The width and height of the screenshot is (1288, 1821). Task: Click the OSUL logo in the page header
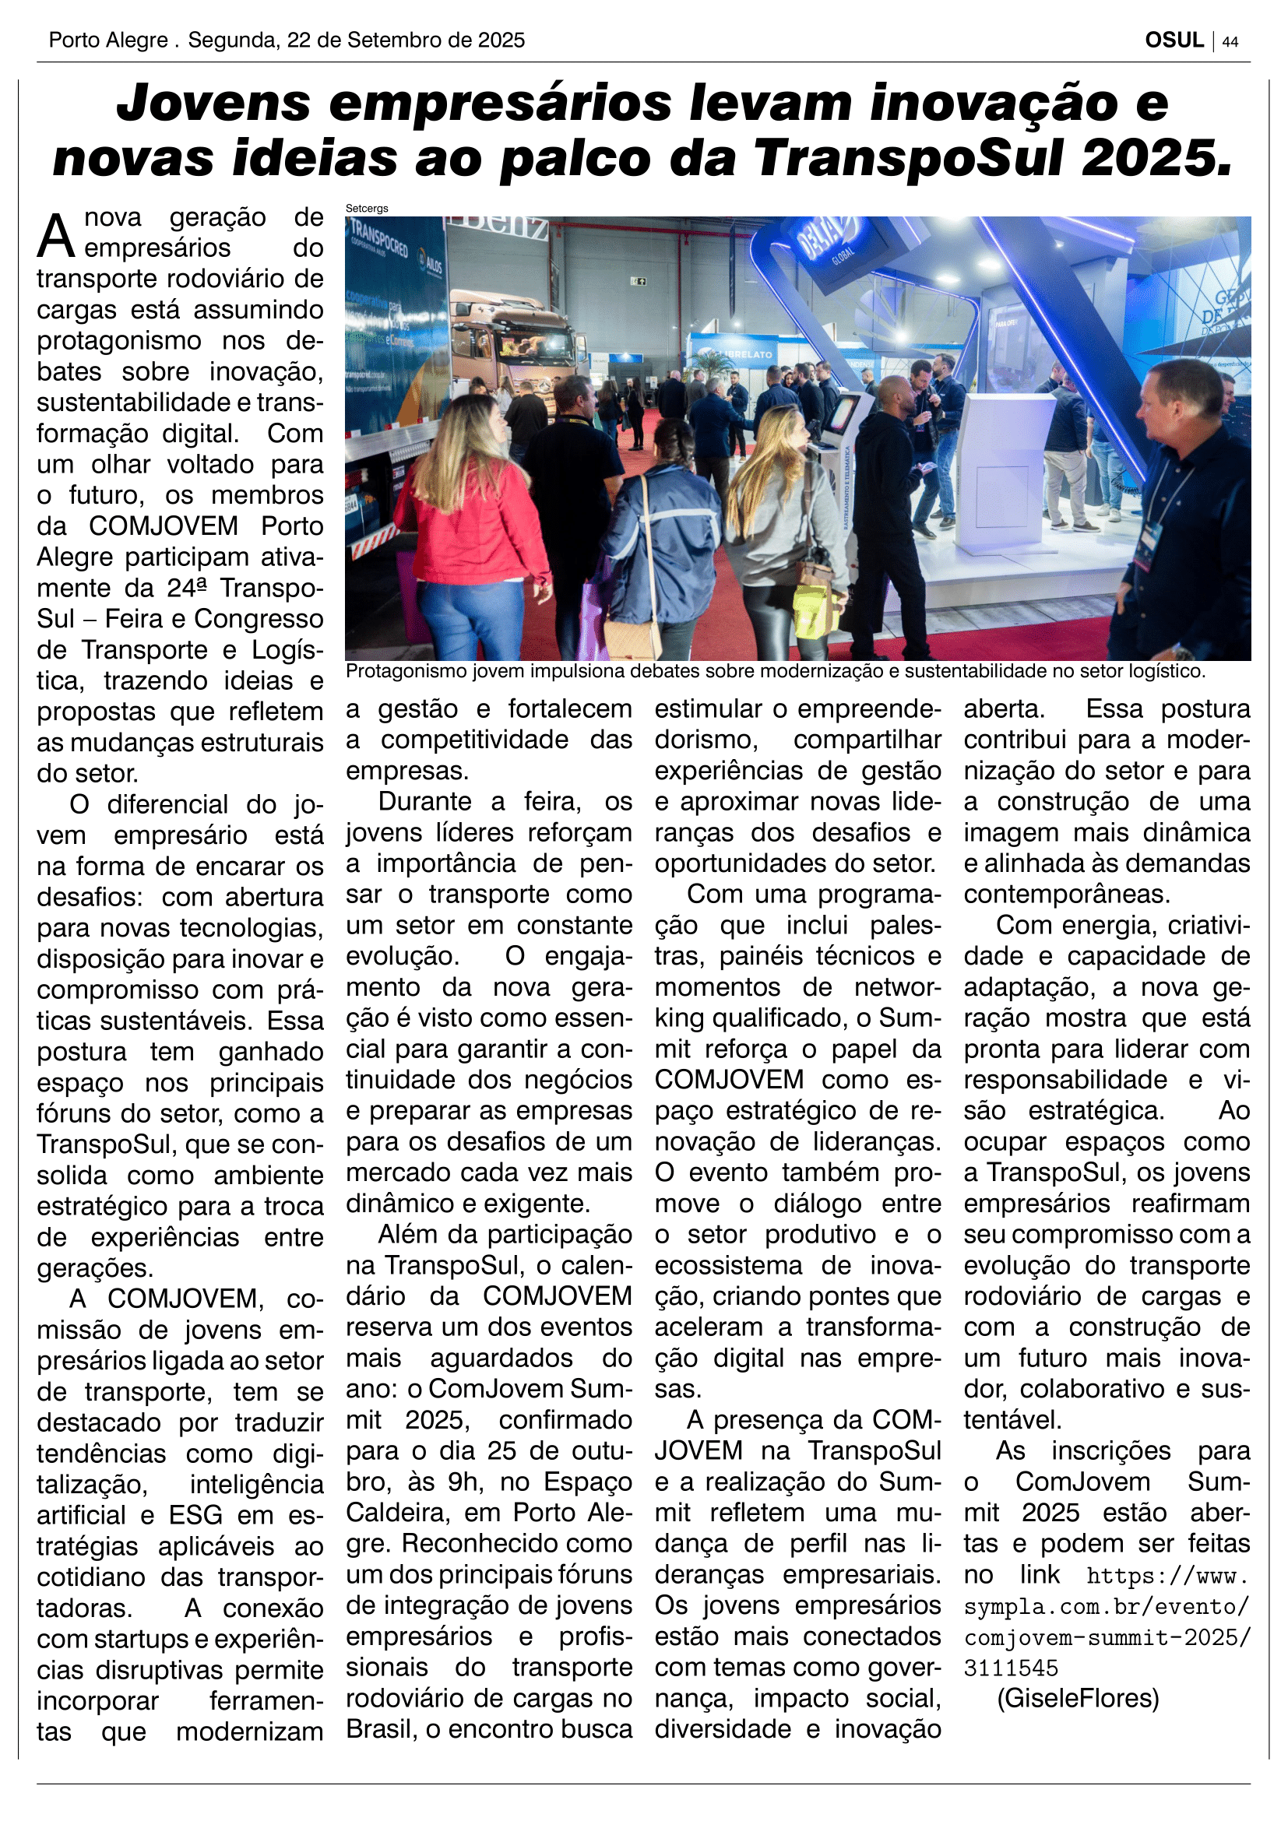pyautogui.click(x=1173, y=40)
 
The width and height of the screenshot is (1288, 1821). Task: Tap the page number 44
pyautogui.click(x=1230, y=41)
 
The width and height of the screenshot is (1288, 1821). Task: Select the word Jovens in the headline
pyautogui.click(x=213, y=104)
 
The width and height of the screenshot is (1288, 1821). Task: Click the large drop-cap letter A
pyautogui.click(x=56, y=236)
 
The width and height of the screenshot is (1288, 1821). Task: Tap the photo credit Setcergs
pyautogui.click(x=367, y=209)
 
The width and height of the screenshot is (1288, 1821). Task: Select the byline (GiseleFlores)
pyautogui.click(x=1078, y=1698)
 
